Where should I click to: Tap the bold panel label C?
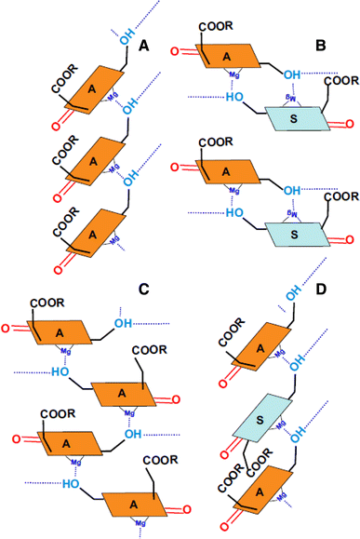(143, 289)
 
